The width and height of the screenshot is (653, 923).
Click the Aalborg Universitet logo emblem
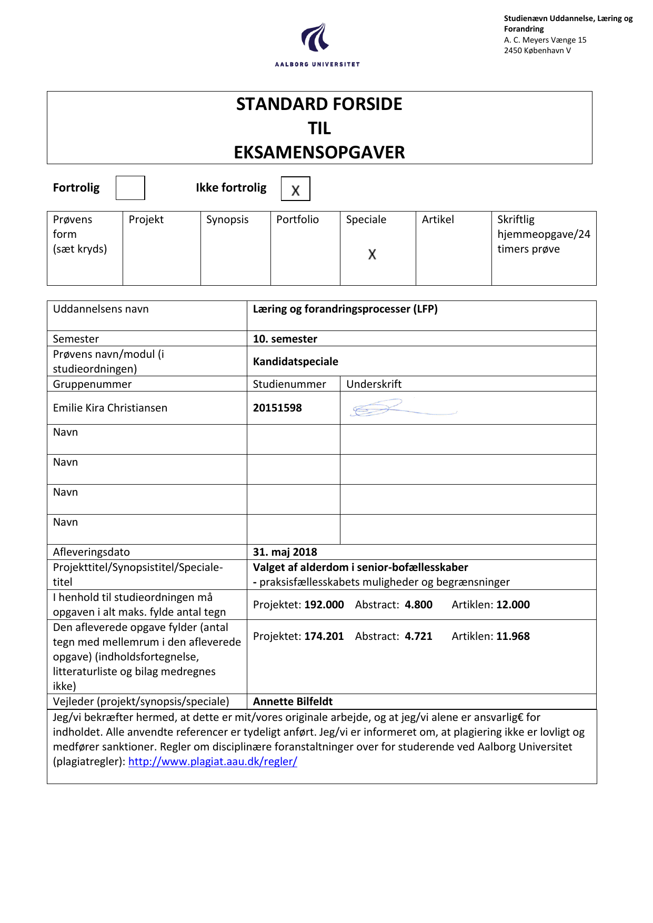pos(316,37)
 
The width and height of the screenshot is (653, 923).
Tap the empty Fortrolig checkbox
pos(130,188)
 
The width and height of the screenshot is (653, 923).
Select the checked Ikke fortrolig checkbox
pos(295,189)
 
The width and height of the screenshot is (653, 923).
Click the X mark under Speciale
pos(372,254)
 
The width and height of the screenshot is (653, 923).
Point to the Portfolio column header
pos(297,219)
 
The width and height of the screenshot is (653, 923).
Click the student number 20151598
pos(277,408)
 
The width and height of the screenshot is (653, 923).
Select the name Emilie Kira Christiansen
pos(110,408)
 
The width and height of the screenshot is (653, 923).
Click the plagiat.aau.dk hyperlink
pos(213,761)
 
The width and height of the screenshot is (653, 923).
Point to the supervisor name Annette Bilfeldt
pos(293,701)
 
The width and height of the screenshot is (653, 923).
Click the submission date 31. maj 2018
pos(285,552)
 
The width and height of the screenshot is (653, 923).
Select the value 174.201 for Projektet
pos(324,636)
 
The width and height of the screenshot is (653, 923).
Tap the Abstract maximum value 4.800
pos(418,605)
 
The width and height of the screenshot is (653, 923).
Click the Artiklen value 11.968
pos(513,636)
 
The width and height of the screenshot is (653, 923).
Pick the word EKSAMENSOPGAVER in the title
pos(319,153)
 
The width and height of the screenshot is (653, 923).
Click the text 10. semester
pos(285,339)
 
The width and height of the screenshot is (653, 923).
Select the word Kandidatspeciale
pos(295,362)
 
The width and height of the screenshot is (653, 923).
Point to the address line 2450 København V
pos(537,51)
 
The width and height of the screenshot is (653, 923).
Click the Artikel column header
pos(438,219)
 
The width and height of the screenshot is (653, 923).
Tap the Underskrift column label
pos(374,384)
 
